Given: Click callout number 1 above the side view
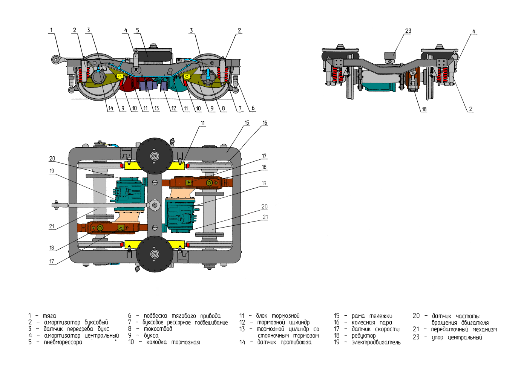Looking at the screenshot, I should tap(51, 30).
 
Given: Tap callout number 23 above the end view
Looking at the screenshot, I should tap(408, 31).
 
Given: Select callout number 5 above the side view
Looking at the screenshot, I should tap(138, 30).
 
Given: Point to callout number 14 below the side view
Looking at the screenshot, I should tap(110, 109).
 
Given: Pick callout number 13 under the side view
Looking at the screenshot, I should tap(156, 109).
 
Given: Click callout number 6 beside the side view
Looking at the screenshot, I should tap(253, 108).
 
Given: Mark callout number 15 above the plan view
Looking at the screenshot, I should tap(247, 123).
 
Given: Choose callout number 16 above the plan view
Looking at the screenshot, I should tap(265, 123).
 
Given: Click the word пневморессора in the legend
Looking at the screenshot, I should tap(63, 342).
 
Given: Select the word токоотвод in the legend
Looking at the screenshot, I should tap(158, 329).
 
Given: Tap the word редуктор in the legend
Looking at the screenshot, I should tap(363, 335).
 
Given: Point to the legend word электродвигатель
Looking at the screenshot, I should tap(376, 342).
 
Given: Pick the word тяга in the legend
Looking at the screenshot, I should tap(49, 316).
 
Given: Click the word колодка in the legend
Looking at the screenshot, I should tap(156, 342).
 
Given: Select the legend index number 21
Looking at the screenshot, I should tap(416, 329).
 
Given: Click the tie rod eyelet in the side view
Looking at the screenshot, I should tap(56, 59).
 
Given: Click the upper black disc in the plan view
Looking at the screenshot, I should tap(155, 156).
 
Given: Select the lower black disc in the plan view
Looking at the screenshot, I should tap(155, 254).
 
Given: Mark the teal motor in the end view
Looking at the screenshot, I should tap(379, 87).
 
